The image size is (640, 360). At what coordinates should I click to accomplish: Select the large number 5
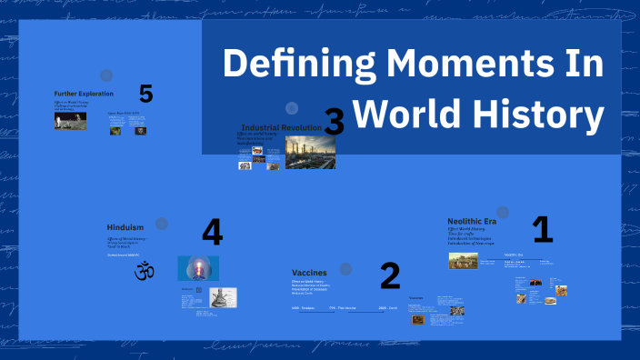point(146,93)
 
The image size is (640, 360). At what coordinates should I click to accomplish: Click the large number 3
point(334,122)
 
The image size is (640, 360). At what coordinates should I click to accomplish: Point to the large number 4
point(212,232)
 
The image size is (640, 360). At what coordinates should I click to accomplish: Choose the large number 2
point(389,275)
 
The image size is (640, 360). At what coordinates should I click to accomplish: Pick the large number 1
point(542,229)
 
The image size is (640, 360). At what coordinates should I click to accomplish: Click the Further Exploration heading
point(84,94)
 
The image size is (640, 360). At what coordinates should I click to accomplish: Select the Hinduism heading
point(125,228)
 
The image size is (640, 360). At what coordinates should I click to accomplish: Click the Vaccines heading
point(308,272)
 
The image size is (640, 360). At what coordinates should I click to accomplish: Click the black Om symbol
point(143,271)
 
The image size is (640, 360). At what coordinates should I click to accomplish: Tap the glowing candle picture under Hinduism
point(197,267)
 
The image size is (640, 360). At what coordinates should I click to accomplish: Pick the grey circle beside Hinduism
point(162,224)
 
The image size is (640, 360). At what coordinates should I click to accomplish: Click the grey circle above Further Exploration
point(105,75)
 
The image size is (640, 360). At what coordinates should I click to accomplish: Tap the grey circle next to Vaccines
point(345,268)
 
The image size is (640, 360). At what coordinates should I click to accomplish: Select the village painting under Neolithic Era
point(463,261)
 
